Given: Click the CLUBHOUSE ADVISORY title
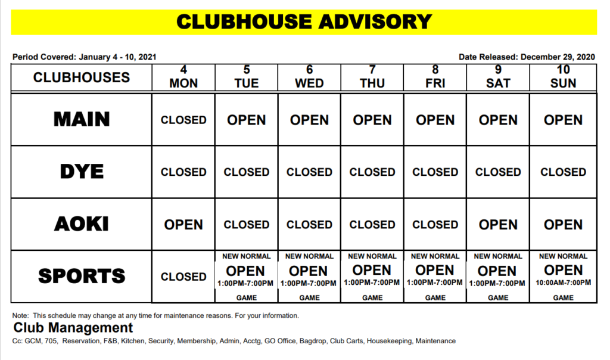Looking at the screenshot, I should [304, 22].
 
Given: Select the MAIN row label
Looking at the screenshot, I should [82, 119].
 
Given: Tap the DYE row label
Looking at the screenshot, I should [82, 172].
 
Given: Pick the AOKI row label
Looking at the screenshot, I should [82, 224].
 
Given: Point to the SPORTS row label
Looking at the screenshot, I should [82, 276].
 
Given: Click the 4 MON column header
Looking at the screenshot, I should [183, 77].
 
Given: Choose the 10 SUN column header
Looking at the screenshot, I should [563, 77].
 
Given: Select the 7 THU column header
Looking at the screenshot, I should [372, 77].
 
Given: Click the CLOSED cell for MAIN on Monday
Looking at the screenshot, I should [183, 120].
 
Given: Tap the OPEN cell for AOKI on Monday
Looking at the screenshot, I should [183, 225].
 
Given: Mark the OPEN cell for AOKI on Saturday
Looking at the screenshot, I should [498, 225].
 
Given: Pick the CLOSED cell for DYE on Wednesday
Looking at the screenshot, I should [309, 172].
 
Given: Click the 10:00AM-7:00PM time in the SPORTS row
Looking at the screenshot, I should [563, 283].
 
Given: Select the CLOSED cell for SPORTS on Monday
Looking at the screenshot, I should [183, 277].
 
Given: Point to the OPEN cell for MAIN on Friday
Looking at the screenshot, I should [435, 120].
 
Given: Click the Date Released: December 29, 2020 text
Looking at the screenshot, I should [527, 57].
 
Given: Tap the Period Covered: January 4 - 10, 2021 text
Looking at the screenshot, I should [84, 57].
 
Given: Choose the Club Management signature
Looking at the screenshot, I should [73, 328].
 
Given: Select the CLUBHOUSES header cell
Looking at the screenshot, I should [82, 77].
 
